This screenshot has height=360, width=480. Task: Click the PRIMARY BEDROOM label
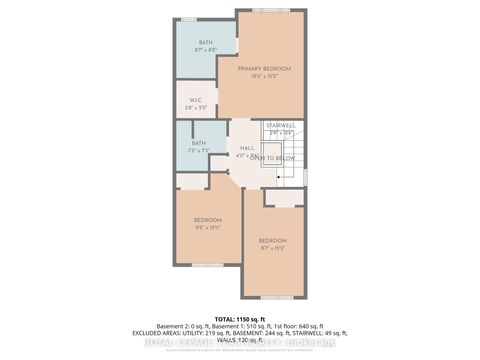(266, 68)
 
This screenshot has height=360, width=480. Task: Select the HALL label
(246, 148)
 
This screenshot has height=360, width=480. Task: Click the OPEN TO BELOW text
(270, 158)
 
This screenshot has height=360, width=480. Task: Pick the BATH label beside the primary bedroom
(205, 42)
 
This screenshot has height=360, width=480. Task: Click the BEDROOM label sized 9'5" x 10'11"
(207, 220)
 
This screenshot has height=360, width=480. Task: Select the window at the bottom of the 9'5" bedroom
(207, 265)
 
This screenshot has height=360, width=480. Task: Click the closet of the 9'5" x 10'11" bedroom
(190, 181)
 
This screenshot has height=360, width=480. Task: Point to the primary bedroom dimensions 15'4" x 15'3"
(266, 76)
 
